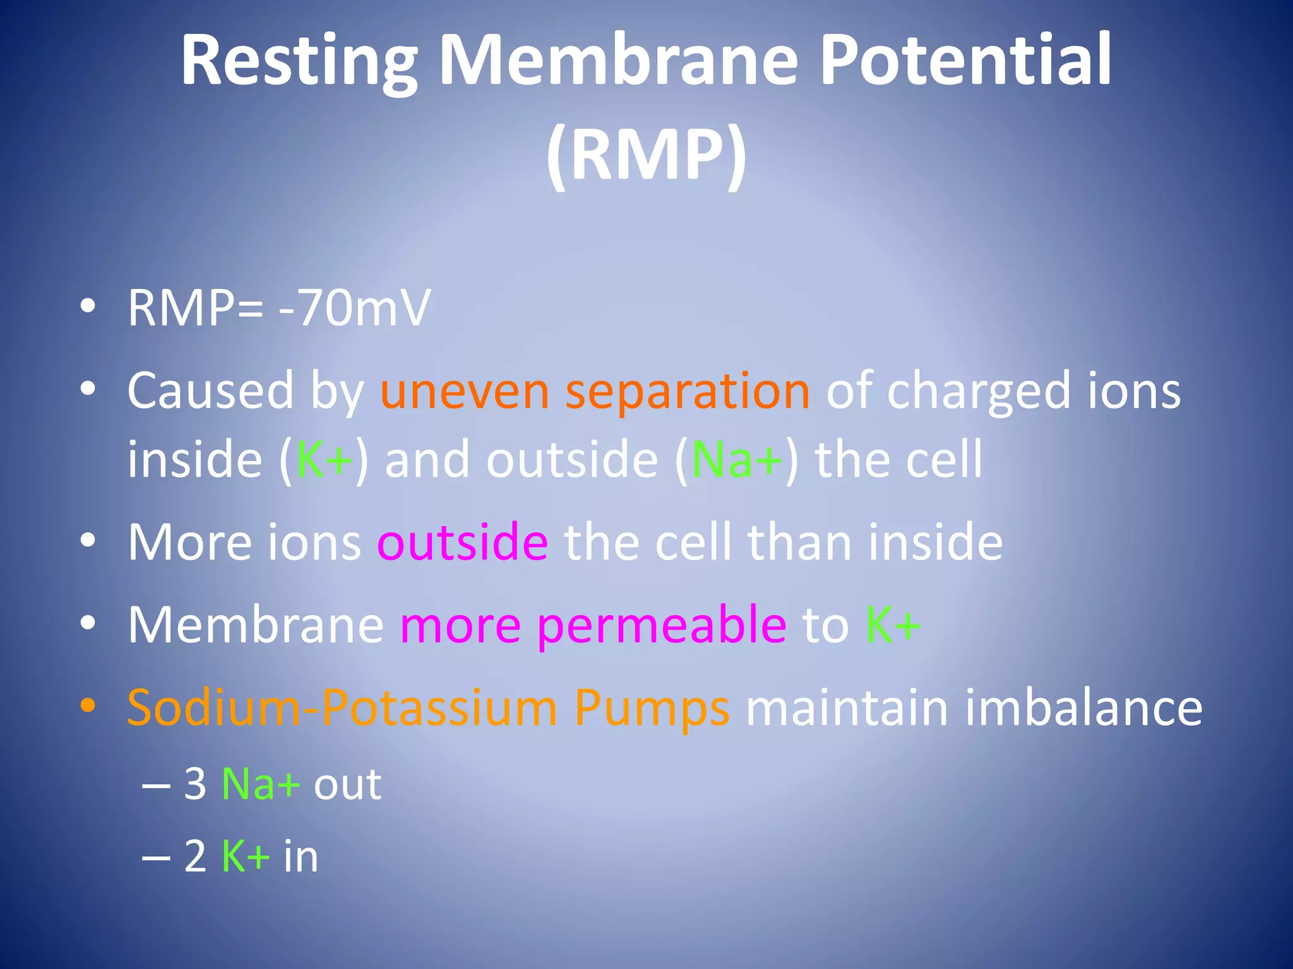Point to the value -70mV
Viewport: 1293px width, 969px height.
click(x=354, y=308)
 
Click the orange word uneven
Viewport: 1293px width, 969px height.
click(x=465, y=391)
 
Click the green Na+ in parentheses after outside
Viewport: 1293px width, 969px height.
click(x=737, y=459)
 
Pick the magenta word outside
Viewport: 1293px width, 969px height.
click(x=462, y=542)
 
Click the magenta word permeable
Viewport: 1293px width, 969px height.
click(x=662, y=626)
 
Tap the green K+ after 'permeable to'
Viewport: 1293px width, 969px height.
click(x=893, y=625)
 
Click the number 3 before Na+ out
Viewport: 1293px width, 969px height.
click(x=195, y=784)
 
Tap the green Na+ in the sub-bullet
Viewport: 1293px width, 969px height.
click(x=260, y=784)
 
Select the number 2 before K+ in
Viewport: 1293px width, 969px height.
click(x=195, y=856)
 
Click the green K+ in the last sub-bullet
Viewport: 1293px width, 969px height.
click(x=246, y=856)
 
